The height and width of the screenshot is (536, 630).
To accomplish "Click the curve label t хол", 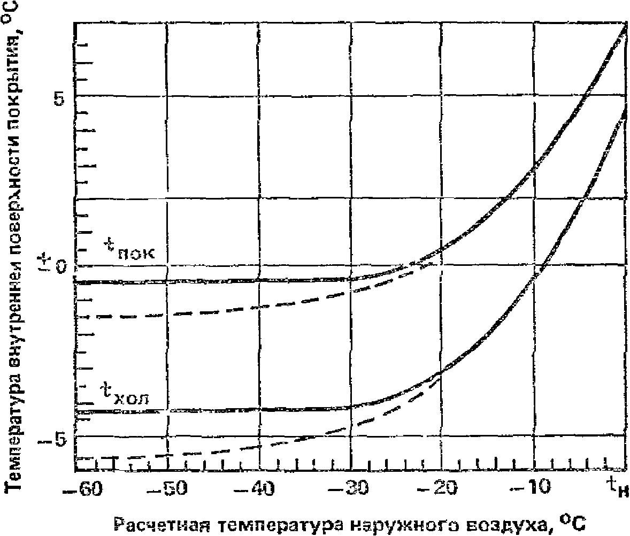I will [x=126, y=395].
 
